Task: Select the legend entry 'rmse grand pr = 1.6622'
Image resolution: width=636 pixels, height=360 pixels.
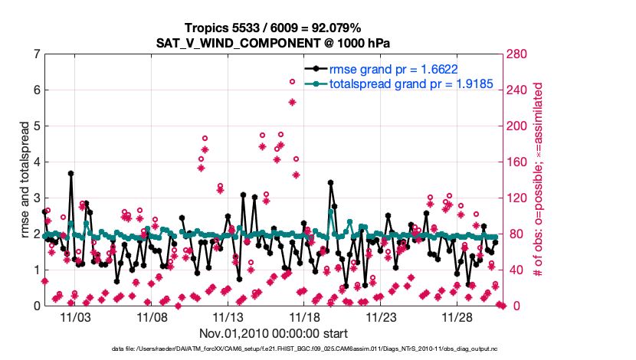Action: [x=393, y=69]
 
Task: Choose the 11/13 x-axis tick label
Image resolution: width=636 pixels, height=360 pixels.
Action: [x=228, y=316]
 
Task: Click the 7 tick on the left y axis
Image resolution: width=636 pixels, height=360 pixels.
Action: [x=36, y=54]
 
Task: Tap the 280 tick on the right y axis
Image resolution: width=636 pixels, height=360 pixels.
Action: [x=513, y=54]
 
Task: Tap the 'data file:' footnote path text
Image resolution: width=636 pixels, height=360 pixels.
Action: [x=274, y=349]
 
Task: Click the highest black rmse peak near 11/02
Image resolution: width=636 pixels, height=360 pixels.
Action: [x=70, y=174]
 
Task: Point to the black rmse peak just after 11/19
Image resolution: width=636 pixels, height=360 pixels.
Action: [x=330, y=183]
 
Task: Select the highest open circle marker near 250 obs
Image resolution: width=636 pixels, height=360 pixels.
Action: [x=292, y=82]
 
